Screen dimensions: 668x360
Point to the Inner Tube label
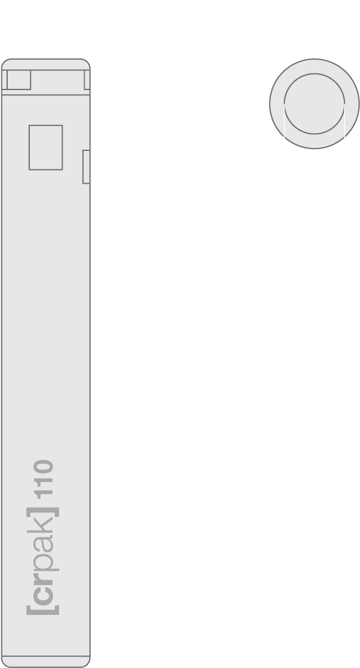pyautogui.click(x=46, y=54)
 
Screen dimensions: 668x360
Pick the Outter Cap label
pyautogui.click(x=314, y=54)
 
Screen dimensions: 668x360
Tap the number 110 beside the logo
pyautogui.click(x=44, y=480)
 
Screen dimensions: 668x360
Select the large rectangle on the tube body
pyautogui.click(x=46, y=147)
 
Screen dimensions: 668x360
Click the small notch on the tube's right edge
pyautogui.click(x=86, y=167)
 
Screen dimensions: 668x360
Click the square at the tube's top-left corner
pyautogui.click(x=18, y=79)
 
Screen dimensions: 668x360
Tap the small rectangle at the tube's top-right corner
pyautogui.click(x=87, y=81)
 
